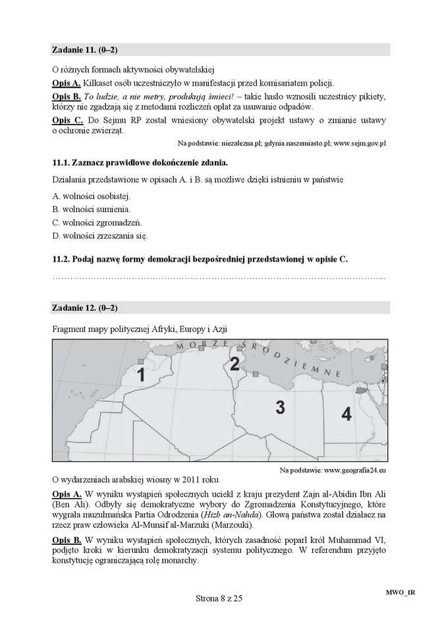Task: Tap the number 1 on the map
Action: click(x=140, y=376)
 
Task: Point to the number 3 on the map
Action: click(x=280, y=407)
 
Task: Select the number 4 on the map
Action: click(x=346, y=414)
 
